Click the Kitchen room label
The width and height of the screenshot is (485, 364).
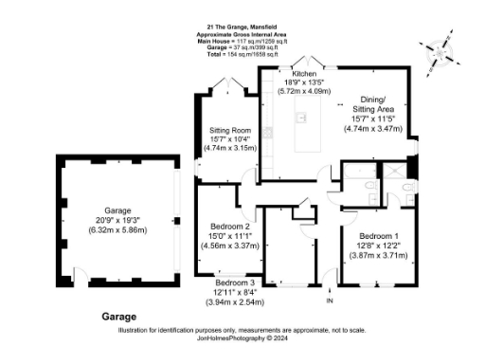tap(304, 73)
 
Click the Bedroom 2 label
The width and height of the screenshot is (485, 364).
tap(230, 227)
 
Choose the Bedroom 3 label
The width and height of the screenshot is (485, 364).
tap(235, 283)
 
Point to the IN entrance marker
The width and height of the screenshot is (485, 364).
tap(330, 300)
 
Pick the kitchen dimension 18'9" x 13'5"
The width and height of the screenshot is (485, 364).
tap(304, 82)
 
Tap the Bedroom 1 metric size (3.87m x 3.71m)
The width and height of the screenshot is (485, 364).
tap(379, 255)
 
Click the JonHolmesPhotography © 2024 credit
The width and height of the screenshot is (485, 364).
tap(242, 337)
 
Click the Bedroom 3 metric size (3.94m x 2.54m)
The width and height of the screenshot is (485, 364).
tap(235, 302)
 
